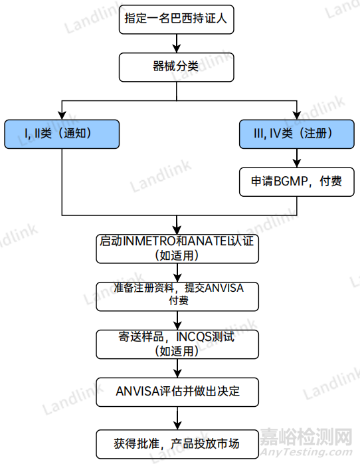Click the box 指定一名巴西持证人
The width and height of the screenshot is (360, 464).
tap(177, 19)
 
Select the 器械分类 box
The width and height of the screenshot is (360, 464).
tap(177, 67)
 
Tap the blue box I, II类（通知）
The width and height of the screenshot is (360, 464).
tap(62, 134)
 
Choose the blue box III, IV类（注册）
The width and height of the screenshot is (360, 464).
tap(297, 134)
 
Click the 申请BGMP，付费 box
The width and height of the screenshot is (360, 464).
tap(297, 181)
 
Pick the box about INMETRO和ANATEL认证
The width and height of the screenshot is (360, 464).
tap(177, 249)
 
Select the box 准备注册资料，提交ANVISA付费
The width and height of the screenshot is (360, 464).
tap(177, 296)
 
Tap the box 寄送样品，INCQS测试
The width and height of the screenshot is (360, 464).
tap(177, 344)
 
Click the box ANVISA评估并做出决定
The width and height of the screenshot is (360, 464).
tap(177, 392)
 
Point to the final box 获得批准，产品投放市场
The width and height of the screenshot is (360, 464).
tap(177, 444)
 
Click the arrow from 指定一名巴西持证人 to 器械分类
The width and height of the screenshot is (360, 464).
tap(177, 43)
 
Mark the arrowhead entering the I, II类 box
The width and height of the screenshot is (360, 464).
tap(62, 116)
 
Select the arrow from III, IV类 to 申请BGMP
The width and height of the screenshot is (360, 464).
tap(297, 158)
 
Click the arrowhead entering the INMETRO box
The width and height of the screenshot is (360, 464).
tap(177, 231)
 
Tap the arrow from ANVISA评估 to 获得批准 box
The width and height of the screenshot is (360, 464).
tap(177, 418)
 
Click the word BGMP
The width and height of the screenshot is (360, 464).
tap(291, 181)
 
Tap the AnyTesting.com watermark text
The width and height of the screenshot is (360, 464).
tap(306, 452)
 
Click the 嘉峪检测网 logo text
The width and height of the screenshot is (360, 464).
tap(306, 437)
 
